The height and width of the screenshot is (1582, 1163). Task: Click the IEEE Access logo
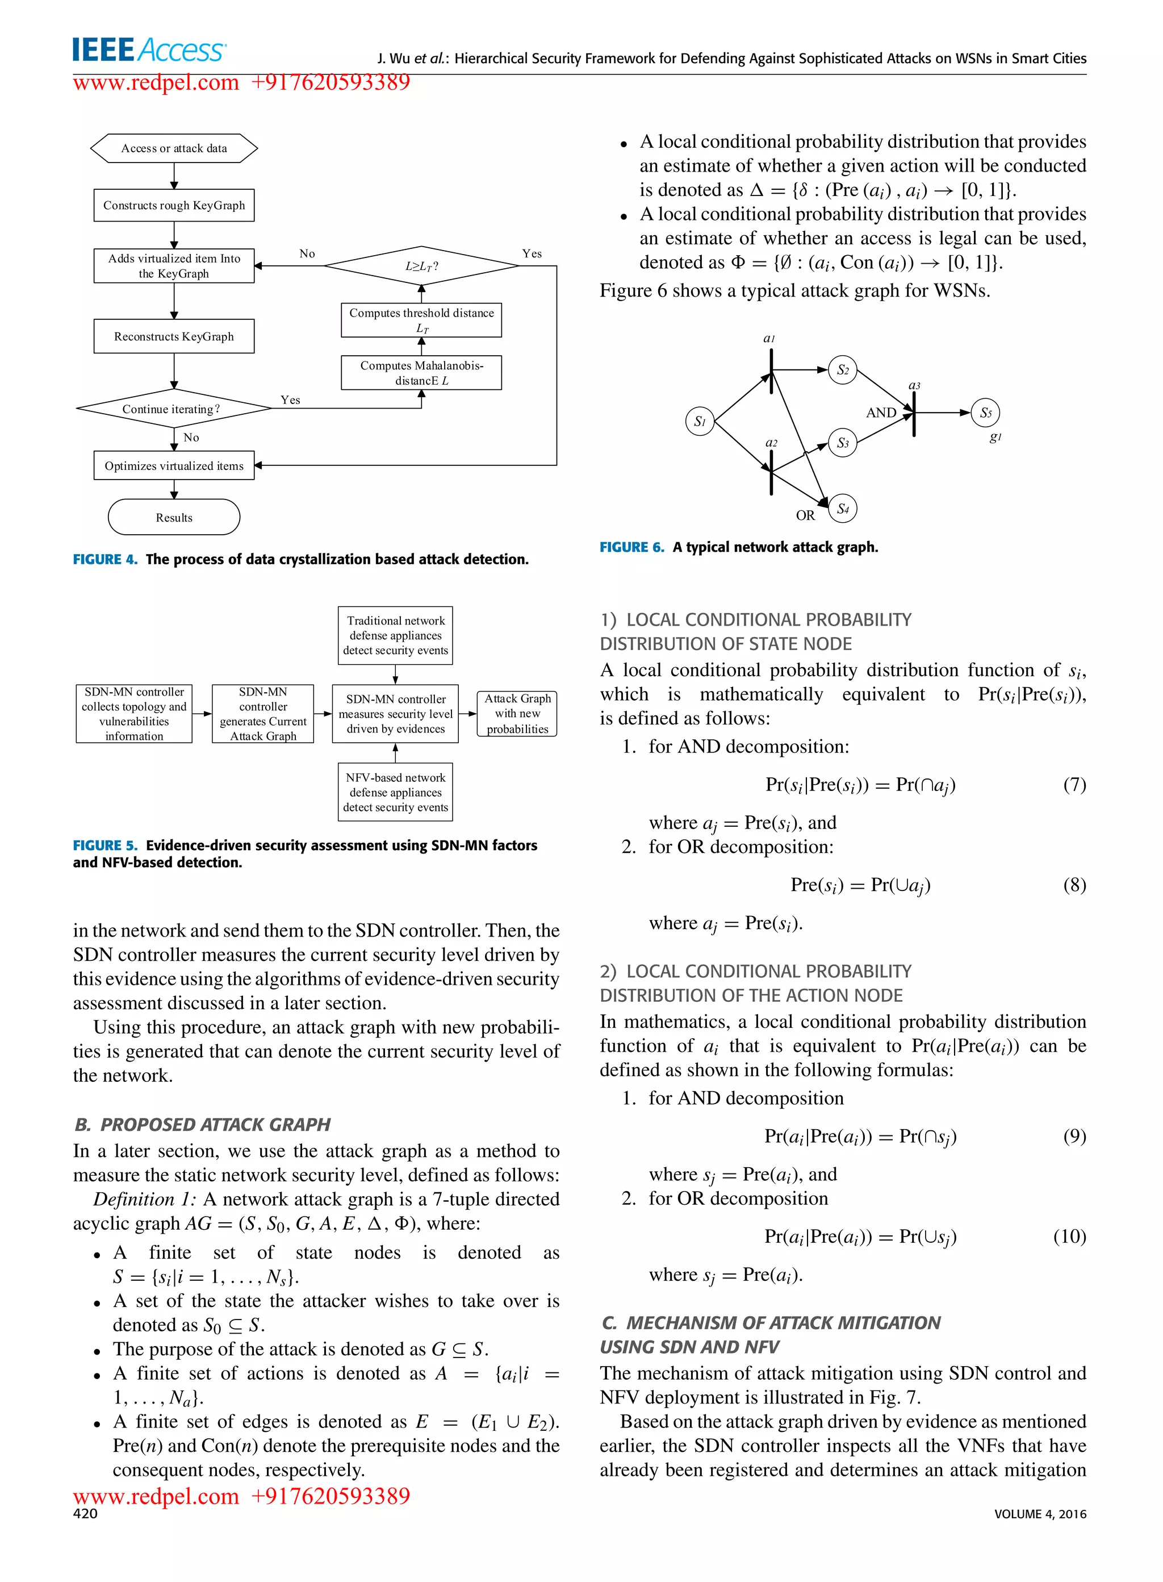coord(149,50)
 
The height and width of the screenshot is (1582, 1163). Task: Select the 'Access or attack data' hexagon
coord(174,148)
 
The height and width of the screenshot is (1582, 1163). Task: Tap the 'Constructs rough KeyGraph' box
coord(174,205)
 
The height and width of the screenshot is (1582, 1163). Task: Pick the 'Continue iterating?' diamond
coord(173,409)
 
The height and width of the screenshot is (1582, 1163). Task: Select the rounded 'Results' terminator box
coord(174,517)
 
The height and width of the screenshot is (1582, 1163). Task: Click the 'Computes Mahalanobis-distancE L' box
coord(421,373)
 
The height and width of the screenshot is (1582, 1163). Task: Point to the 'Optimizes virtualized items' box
coord(174,465)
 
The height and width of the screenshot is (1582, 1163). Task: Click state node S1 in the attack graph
coord(699,421)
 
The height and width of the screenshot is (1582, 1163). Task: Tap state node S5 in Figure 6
coord(985,413)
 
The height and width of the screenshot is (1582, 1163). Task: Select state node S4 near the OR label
coord(843,509)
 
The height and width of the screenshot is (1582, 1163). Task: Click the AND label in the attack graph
coord(881,413)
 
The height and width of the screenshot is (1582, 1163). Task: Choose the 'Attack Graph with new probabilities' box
coord(517,714)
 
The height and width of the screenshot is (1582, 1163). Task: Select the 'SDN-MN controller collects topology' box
coord(134,714)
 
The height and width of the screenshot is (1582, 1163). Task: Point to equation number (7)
coord(1074,785)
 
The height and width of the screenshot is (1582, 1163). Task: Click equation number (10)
coord(1069,1236)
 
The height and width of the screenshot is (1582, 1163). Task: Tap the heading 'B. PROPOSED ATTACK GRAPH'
coord(202,1124)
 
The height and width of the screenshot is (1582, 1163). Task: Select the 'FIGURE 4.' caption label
coord(106,559)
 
